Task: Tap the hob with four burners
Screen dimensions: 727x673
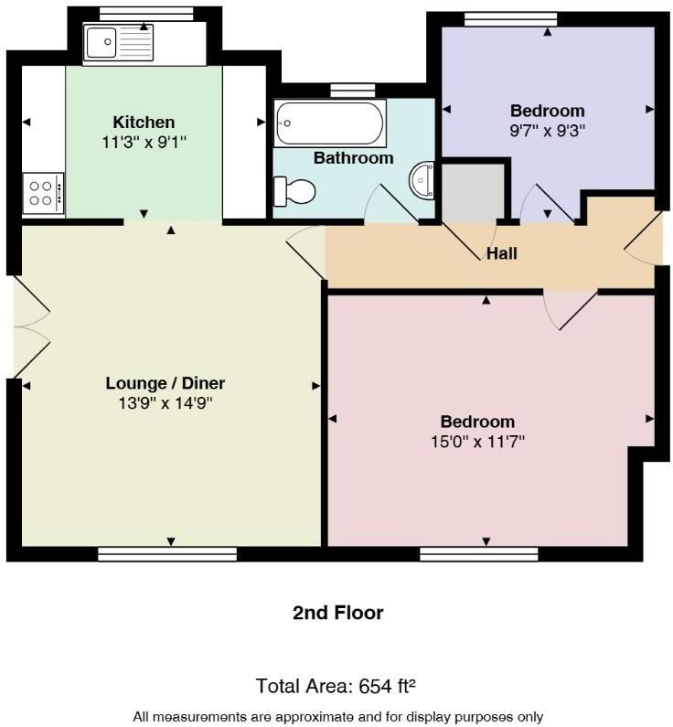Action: click(x=43, y=193)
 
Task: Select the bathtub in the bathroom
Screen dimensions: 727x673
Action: click(x=330, y=123)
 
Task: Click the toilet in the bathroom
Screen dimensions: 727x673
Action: click(x=294, y=191)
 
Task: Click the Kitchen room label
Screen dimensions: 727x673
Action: click(x=144, y=123)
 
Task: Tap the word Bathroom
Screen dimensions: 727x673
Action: click(x=353, y=158)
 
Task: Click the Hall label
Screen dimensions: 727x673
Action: click(x=502, y=253)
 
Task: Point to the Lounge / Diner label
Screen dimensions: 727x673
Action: click(x=165, y=383)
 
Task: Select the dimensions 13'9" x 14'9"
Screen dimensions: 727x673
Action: click(x=165, y=402)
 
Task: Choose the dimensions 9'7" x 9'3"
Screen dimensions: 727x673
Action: click(x=547, y=130)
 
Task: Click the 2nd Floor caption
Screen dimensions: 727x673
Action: click(x=337, y=613)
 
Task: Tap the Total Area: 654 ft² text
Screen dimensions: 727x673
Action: click(x=337, y=685)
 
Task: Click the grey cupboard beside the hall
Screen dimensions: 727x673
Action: click(x=473, y=191)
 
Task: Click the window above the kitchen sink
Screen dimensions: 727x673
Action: click(x=145, y=12)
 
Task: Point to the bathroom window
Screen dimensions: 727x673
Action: click(x=352, y=90)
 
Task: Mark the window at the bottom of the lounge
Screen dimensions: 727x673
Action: click(x=167, y=553)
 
